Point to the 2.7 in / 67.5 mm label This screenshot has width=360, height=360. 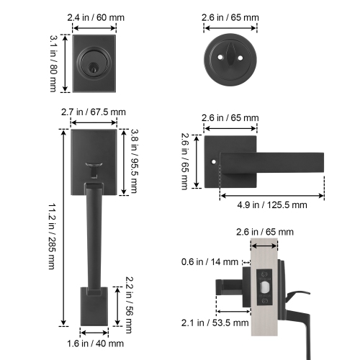(94, 112)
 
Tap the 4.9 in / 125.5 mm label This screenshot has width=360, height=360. (271, 205)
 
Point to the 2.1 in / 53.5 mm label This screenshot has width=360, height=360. (206, 322)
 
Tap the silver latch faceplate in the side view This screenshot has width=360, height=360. (264, 288)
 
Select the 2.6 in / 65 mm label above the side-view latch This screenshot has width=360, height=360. (264, 232)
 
